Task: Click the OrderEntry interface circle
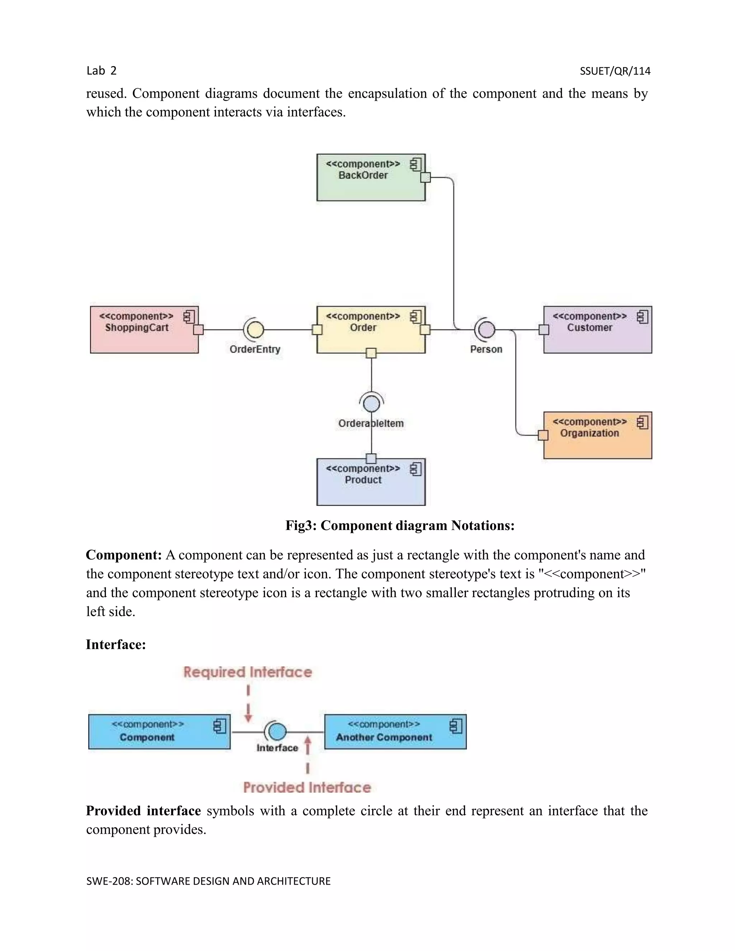(x=256, y=330)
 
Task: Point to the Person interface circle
(x=487, y=330)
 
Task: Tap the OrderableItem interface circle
(x=371, y=404)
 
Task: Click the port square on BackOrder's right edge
(x=425, y=177)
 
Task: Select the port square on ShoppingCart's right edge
(x=198, y=330)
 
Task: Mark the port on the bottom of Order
(x=371, y=353)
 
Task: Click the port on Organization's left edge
(x=543, y=435)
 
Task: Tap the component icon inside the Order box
(x=416, y=317)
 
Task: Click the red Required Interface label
(x=247, y=672)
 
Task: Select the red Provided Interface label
(x=307, y=787)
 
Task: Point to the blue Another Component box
(x=395, y=732)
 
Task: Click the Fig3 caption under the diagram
(x=400, y=526)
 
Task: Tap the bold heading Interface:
(x=116, y=645)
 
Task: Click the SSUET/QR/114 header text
(x=615, y=71)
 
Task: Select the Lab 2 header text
(x=102, y=71)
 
